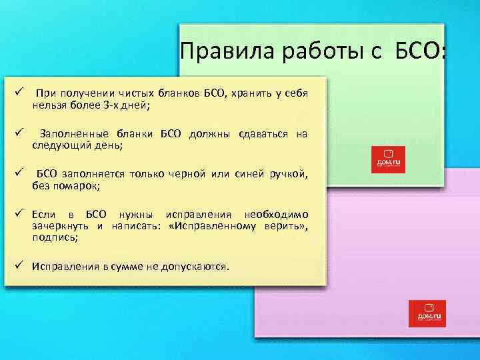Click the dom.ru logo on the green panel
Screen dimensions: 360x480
[x=388, y=160]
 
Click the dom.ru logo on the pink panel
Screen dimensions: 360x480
[x=427, y=313]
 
